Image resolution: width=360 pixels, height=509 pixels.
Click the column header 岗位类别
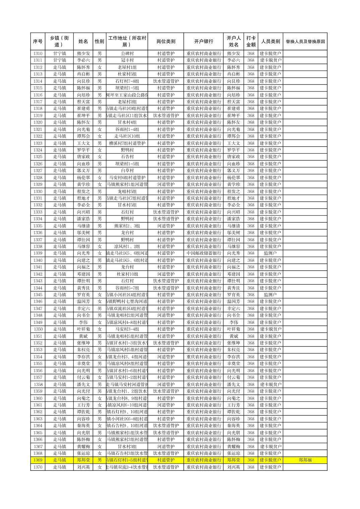pyautogui.click(x=166, y=42)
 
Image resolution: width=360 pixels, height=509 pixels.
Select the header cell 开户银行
pyautogui.click(x=203, y=42)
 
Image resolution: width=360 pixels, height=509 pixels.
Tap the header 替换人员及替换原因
pyautogui.click(x=305, y=42)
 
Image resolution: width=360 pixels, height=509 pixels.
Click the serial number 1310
pyautogui.click(x=38, y=54)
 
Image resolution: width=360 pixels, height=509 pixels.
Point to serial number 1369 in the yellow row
pyautogui.click(x=38, y=460)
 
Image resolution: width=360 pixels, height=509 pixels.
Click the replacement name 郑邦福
pyautogui.click(x=305, y=460)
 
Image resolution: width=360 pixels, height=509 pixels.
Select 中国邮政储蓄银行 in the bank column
pyautogui.click(x=204, y=253)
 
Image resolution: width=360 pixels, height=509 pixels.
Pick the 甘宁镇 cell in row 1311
pyautogui.click(x=59, y=60)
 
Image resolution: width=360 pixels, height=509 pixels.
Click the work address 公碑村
pyautogui.click(x=127, y=54)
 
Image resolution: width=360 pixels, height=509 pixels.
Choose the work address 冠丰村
pyautogui.click(x=127, y=60)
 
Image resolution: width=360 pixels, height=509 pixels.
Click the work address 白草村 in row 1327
pyautogui.click(x=127, y=170)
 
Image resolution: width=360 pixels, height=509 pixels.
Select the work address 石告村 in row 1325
pyautogui.click(x=127, y=157)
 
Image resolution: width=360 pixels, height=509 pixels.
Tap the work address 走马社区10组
pyautogui.click(x=127, y=136)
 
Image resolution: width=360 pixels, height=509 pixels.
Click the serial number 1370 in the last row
pyautogui.click(x=38, y=467)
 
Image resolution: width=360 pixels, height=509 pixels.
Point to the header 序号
pyautogui.click(x=38, y=42)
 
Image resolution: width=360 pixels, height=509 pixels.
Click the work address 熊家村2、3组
pyautogui.click(x=127, y=226)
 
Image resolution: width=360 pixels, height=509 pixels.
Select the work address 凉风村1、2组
pyautogui.click(x=127, y=246)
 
